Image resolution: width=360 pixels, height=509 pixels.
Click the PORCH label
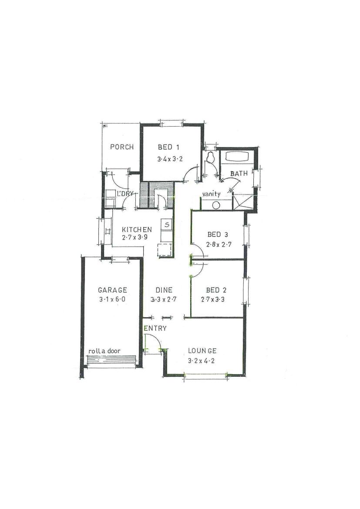point(122,147)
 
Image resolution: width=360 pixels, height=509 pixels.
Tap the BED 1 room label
point(168,147)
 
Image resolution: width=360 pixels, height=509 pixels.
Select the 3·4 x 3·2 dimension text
point(170,159)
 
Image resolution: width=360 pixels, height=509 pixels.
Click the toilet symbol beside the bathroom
point(211,158)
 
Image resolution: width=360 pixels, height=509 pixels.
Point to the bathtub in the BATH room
point(238,156)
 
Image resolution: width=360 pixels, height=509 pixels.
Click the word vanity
point(211,194)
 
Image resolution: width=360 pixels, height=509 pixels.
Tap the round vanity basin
point(216,205)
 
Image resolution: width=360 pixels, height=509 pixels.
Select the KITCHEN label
point(137,230)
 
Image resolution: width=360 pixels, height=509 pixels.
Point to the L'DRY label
point(125,194)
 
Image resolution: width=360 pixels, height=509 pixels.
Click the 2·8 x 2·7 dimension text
point(219,244)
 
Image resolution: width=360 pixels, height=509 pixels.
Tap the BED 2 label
point(216,290)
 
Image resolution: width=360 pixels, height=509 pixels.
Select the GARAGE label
point(112,290)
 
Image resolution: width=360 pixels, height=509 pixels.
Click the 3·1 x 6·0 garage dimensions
point(112,299)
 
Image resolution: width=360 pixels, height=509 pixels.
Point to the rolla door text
point(104,351)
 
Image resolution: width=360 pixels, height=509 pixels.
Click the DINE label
point(164,290)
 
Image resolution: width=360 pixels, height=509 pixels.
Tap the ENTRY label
point(155,328)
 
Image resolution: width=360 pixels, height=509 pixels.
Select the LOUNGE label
point(202,351)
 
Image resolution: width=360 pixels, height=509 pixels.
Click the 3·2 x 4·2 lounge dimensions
point(201,361)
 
